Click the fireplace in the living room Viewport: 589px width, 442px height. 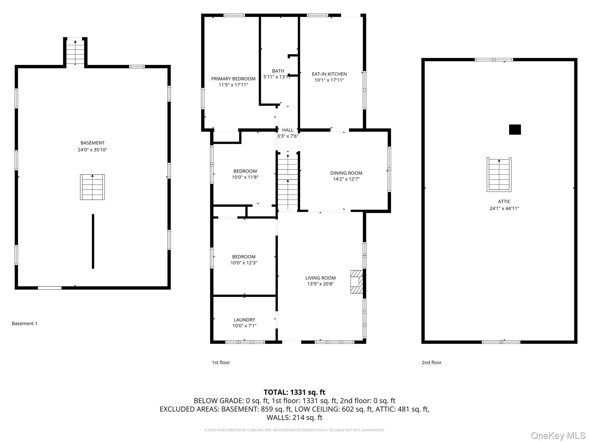click(356, 281)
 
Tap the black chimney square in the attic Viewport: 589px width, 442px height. click(515, 129)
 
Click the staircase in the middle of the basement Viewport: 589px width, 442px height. click(92, 187)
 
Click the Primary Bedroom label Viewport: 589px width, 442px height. click(233, 79)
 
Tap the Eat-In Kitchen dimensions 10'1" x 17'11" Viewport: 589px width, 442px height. click(329, 80)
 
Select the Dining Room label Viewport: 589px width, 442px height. click(346, 173)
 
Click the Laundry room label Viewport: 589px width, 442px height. click(244, 320)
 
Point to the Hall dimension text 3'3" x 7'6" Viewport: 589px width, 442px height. click(288, 136)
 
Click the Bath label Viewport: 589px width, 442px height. click(278, 71)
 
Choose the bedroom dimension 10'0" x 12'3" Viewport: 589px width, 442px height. click(244, 263)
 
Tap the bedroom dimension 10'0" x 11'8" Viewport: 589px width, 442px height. click(245, 177)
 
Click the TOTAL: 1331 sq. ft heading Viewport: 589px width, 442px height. click(294, 392)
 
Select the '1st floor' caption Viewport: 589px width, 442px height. click(221, 363)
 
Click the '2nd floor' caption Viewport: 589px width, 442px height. click(431, 363)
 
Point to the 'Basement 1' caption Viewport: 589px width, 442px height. click(24, 323)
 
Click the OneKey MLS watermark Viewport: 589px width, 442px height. click(558, 436)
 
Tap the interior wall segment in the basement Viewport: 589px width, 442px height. click(93, 241)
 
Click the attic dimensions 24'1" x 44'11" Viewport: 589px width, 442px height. click(504, 208)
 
